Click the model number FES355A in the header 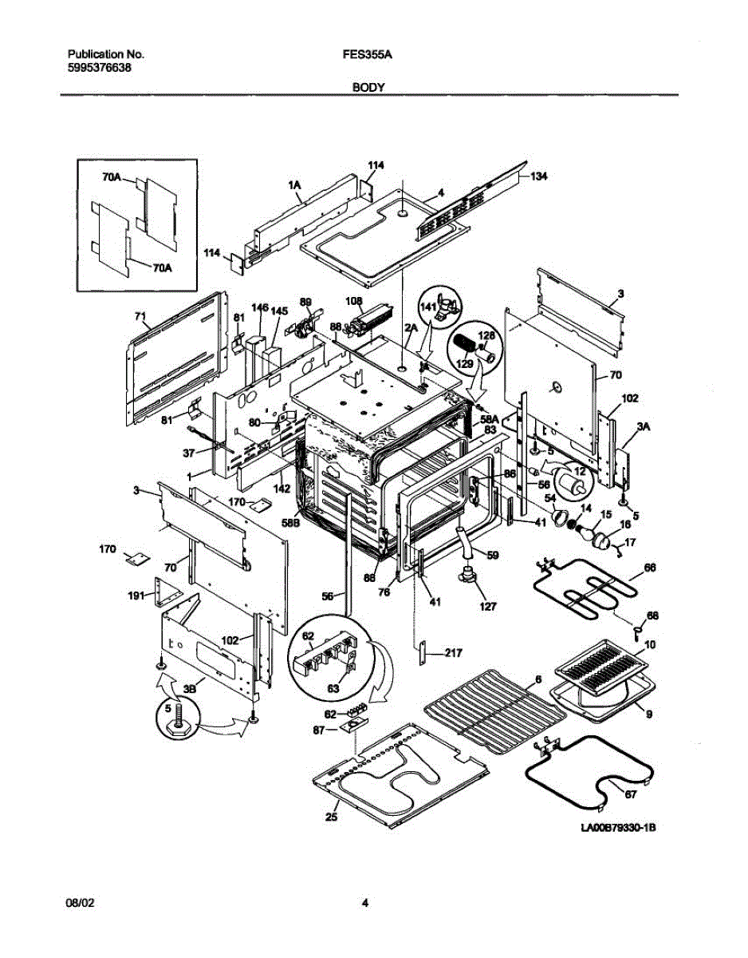[x=371, y=55]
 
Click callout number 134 [x=541, y=176]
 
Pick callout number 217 [x=453, y=654]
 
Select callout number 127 [x=487, y=607]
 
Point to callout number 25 [x=332, y=817]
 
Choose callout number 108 [x=354, y=303]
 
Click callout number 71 [x=141, y=317]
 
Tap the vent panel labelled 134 [x=474, y=200]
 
